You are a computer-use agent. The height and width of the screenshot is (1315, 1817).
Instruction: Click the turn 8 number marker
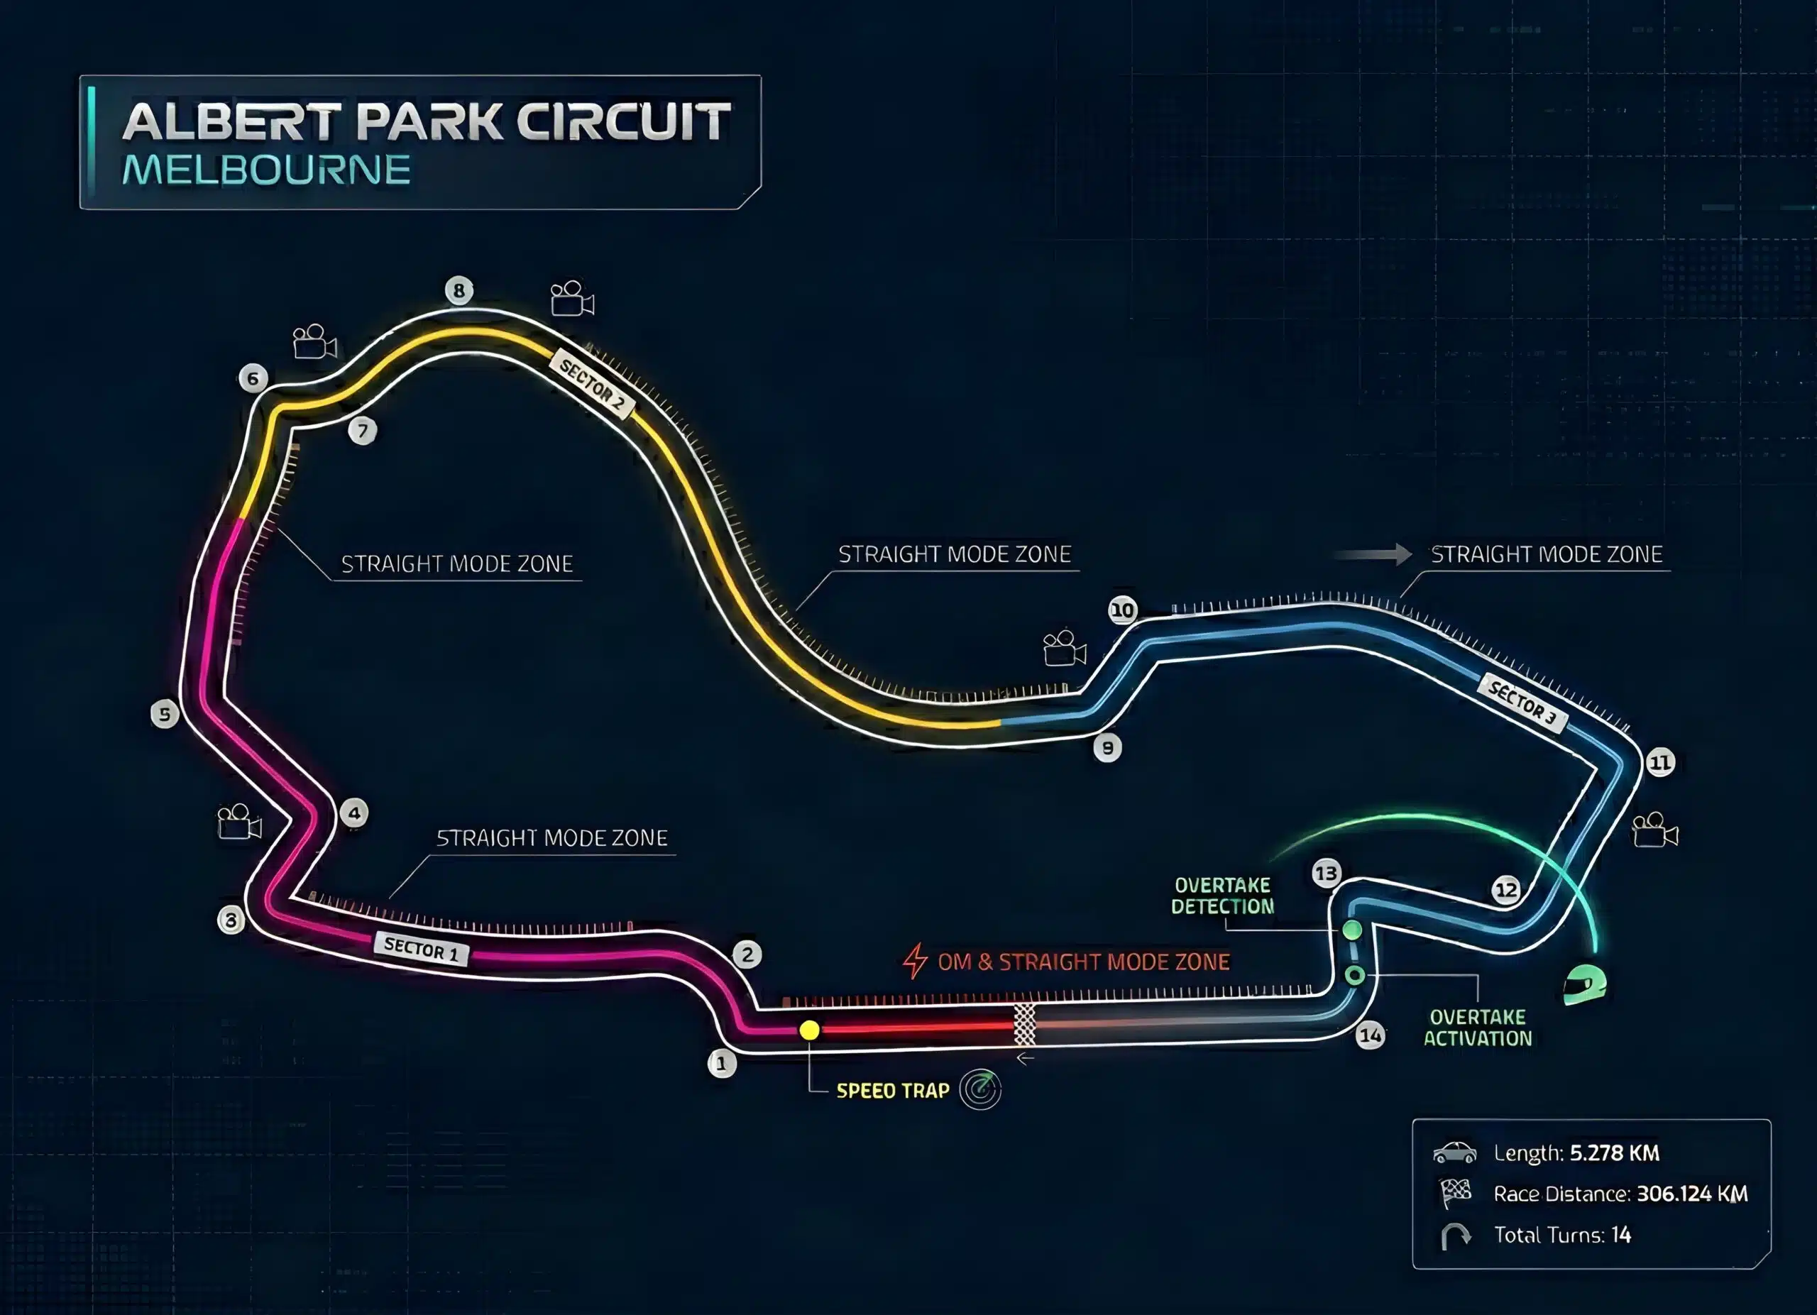click(459, 290)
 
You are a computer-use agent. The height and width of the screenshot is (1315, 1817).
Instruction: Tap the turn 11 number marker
click(1660, 761)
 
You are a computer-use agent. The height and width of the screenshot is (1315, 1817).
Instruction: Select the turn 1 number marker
click(722, 1064)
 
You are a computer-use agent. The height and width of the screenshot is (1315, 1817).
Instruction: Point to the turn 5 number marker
click(165, 713)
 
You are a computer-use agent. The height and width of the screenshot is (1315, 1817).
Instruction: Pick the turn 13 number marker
click(1327, 873)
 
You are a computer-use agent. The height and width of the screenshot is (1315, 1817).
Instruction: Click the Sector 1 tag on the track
click(422, 949)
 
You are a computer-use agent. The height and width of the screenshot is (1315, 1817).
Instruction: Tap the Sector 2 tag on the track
click(592, 385)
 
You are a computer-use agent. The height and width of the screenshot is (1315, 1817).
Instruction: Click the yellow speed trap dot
click(809, 1030)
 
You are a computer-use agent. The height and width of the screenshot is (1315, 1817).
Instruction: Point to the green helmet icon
click(1585, 984)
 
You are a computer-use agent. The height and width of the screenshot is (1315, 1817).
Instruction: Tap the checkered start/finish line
click(1025, 1024)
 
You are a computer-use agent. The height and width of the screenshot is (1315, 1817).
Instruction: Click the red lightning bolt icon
click(915, 960)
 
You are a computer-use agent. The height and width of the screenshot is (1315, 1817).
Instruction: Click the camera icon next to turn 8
click(572, 299)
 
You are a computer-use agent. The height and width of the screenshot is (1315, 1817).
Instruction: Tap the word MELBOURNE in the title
click(267, 170)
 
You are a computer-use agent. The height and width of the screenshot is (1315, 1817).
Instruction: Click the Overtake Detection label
click(1222, 896)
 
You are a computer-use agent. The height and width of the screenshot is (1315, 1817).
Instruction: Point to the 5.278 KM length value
click(1614, 1152)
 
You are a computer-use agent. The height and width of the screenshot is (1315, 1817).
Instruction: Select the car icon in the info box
click(1455, 1152)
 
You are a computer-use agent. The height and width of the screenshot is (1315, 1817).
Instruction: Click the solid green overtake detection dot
click(1351, 930)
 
